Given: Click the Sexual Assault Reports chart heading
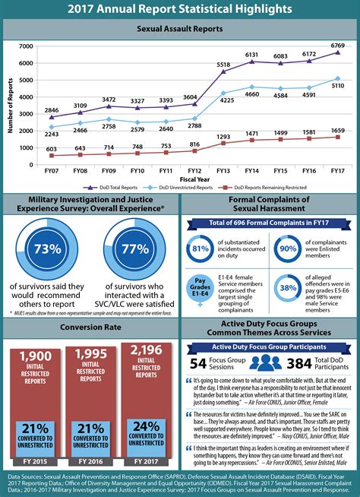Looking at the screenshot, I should click(x=180, y=28).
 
